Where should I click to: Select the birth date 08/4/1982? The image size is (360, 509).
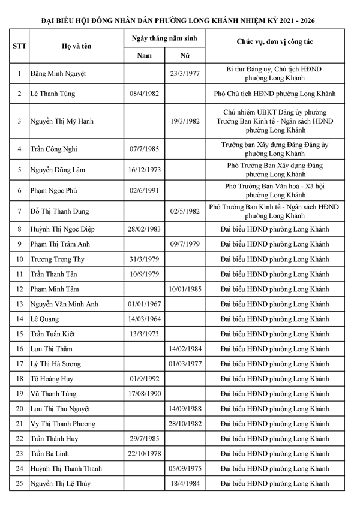pyautogui.click(x=143, y=94)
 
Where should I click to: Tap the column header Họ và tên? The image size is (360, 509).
pyautogui.click(x=77, y=46)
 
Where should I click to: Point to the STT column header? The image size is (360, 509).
pyautogui.click(x=19, y=46)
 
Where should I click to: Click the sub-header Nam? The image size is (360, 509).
pyautogui.click(x=144, y=56)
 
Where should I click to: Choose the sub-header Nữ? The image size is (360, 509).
pyautogui.click(x=185, y=56)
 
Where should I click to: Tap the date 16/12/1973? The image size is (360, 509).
pyautogui.click(x=143, y=170)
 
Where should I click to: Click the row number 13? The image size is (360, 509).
pyautogui.click(x=19, y=304)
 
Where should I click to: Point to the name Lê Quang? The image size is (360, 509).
pyautogui.click(x=44, y=319)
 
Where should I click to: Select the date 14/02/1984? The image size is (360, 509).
pyautogui.click(x=185, y=349)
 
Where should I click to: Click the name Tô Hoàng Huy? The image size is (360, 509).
pyautogui.click(x=52, y=379)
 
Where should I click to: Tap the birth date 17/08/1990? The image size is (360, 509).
pyautogui.click(x=143, y=394)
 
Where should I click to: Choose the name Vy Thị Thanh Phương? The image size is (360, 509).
pyautogui.click(x=63, y=424)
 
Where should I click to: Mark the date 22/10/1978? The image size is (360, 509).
pyautogui.click(x=143, y=454)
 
